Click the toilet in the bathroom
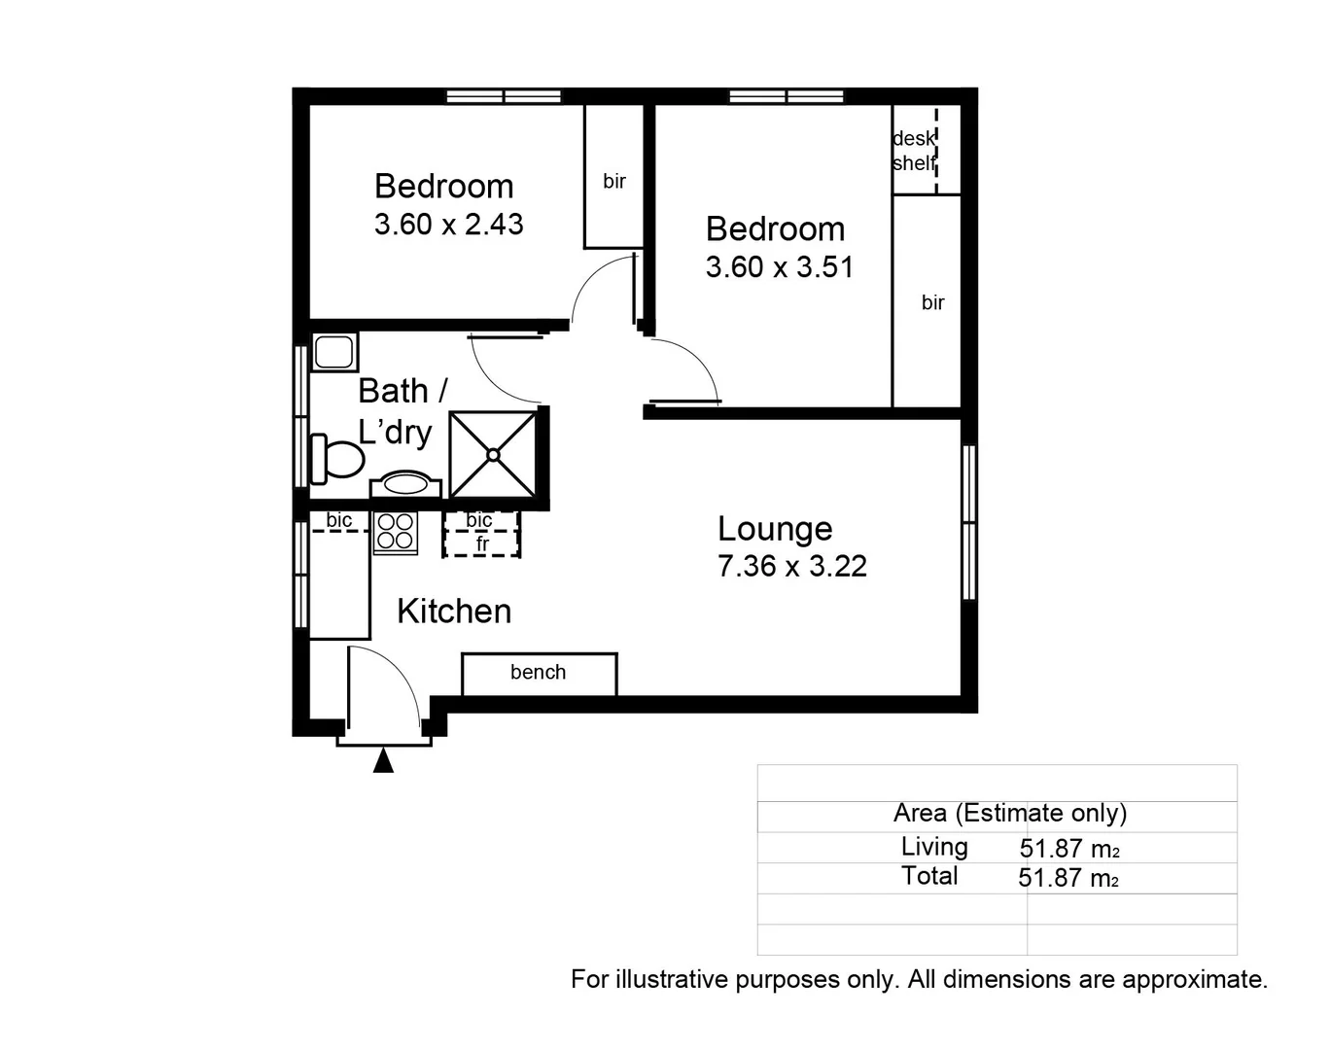coord(336,458)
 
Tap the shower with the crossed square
coord(493,454)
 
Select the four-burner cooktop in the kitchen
coord(396,532)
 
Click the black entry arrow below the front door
coord(384,760)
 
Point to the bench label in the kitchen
coord(538,672)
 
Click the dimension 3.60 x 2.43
coord(448,225)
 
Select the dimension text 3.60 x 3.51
coord(779,267)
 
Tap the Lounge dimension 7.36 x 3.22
coord(791,566)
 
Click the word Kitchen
coord(454,612)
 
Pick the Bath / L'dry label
coord(402,410)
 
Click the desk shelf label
coord(914,151)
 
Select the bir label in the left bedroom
coord(613,181)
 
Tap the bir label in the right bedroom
coord(932,302)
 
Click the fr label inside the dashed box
coord(482,544)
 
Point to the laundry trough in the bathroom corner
coord(334,351)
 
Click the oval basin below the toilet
coord(405,482)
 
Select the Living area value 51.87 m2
coord(1068,849)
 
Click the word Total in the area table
coord(929,876)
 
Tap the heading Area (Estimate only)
coord(1009,813)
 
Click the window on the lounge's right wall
coord(968,522)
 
